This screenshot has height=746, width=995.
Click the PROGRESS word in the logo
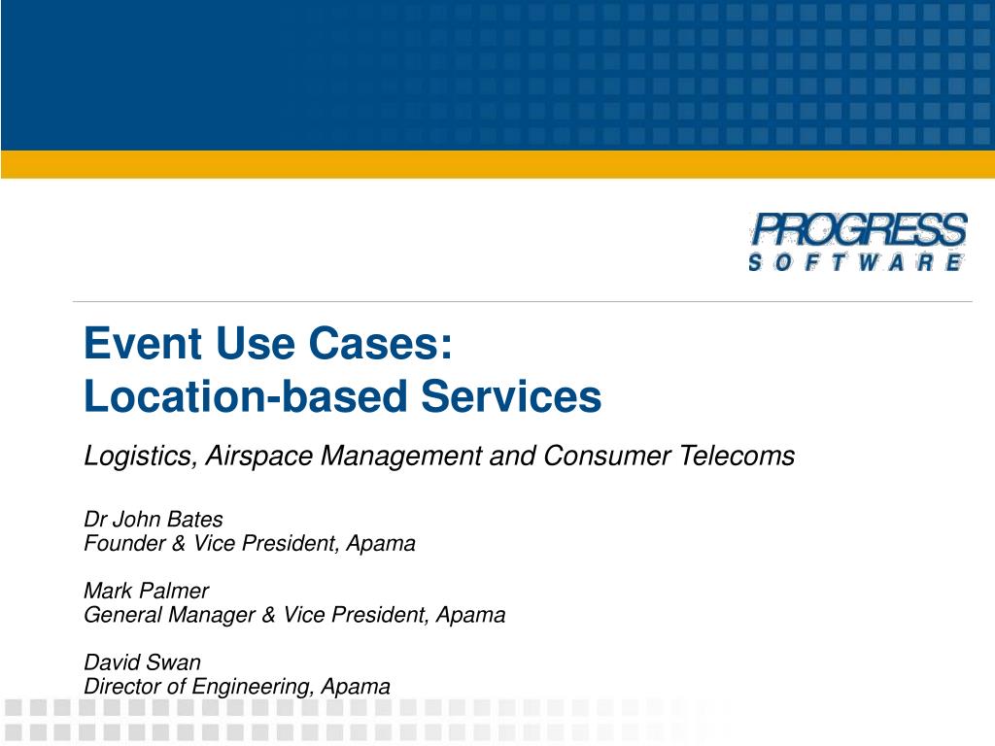(859, 229)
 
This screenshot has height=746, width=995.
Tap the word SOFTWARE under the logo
(856, 262)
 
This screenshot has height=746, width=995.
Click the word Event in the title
(143, 343)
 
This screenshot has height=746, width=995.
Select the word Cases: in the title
(381, 343)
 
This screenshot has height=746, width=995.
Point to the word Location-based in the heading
(245, 396)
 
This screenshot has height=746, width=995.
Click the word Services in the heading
(511, 396)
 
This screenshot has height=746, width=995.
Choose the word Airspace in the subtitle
(258, 456)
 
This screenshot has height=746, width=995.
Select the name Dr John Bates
(153, 520)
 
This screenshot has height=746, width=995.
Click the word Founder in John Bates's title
(125, 543)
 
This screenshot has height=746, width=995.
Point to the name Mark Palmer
(146, 591)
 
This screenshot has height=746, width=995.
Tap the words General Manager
(169, 615)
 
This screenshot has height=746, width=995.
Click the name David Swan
(142, 662)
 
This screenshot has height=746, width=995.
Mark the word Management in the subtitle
(401, 456)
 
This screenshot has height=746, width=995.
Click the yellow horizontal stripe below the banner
(497, 164)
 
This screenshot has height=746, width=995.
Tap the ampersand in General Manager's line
(269, 615)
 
